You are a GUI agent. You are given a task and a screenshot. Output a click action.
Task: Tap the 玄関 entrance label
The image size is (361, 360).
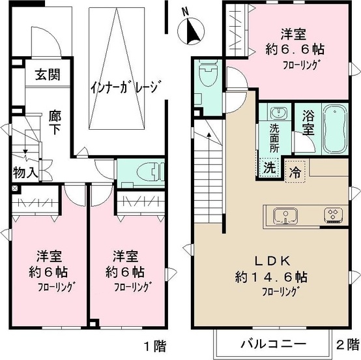point(44,75)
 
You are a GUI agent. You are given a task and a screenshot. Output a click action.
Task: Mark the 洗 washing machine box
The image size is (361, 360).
point(268,167)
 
